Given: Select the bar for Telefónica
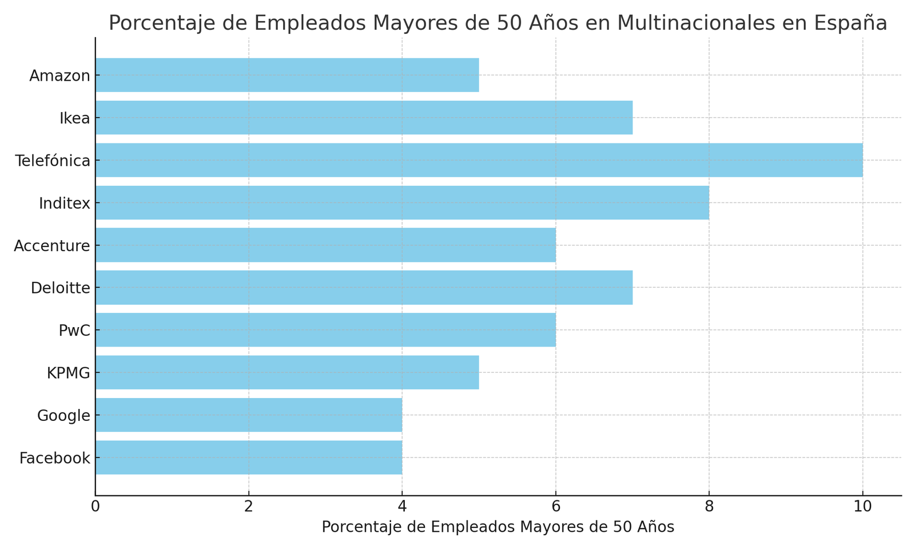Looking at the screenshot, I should (x=479, y=160).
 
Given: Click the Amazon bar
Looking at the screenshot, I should (x=287, y=75).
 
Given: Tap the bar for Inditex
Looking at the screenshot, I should (x=402, y=202).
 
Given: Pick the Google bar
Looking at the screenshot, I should (x=249, y=415).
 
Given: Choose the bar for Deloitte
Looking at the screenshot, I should (x=364, y=288).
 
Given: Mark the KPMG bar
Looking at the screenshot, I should (x=287, y=373).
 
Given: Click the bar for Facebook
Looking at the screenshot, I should (x=249, y=457).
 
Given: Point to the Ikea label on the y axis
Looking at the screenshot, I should (x=75, y=118).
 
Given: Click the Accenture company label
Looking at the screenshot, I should (x=52, y=246).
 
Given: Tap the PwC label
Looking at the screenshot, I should (x=74, y=331).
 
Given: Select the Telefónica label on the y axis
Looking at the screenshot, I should (x=53, y=161).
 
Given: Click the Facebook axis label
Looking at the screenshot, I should (x=55, y=458).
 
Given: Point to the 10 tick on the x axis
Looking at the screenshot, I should (x=862, y=507).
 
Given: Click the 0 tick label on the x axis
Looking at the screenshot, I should (x=96, y=507).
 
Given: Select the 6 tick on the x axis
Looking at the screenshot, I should (x=555, y=507).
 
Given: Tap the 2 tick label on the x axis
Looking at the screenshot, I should (x=249, y=507).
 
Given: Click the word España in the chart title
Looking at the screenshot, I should (x=851, y=23).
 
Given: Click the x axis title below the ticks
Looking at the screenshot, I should (x=498, y=527).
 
